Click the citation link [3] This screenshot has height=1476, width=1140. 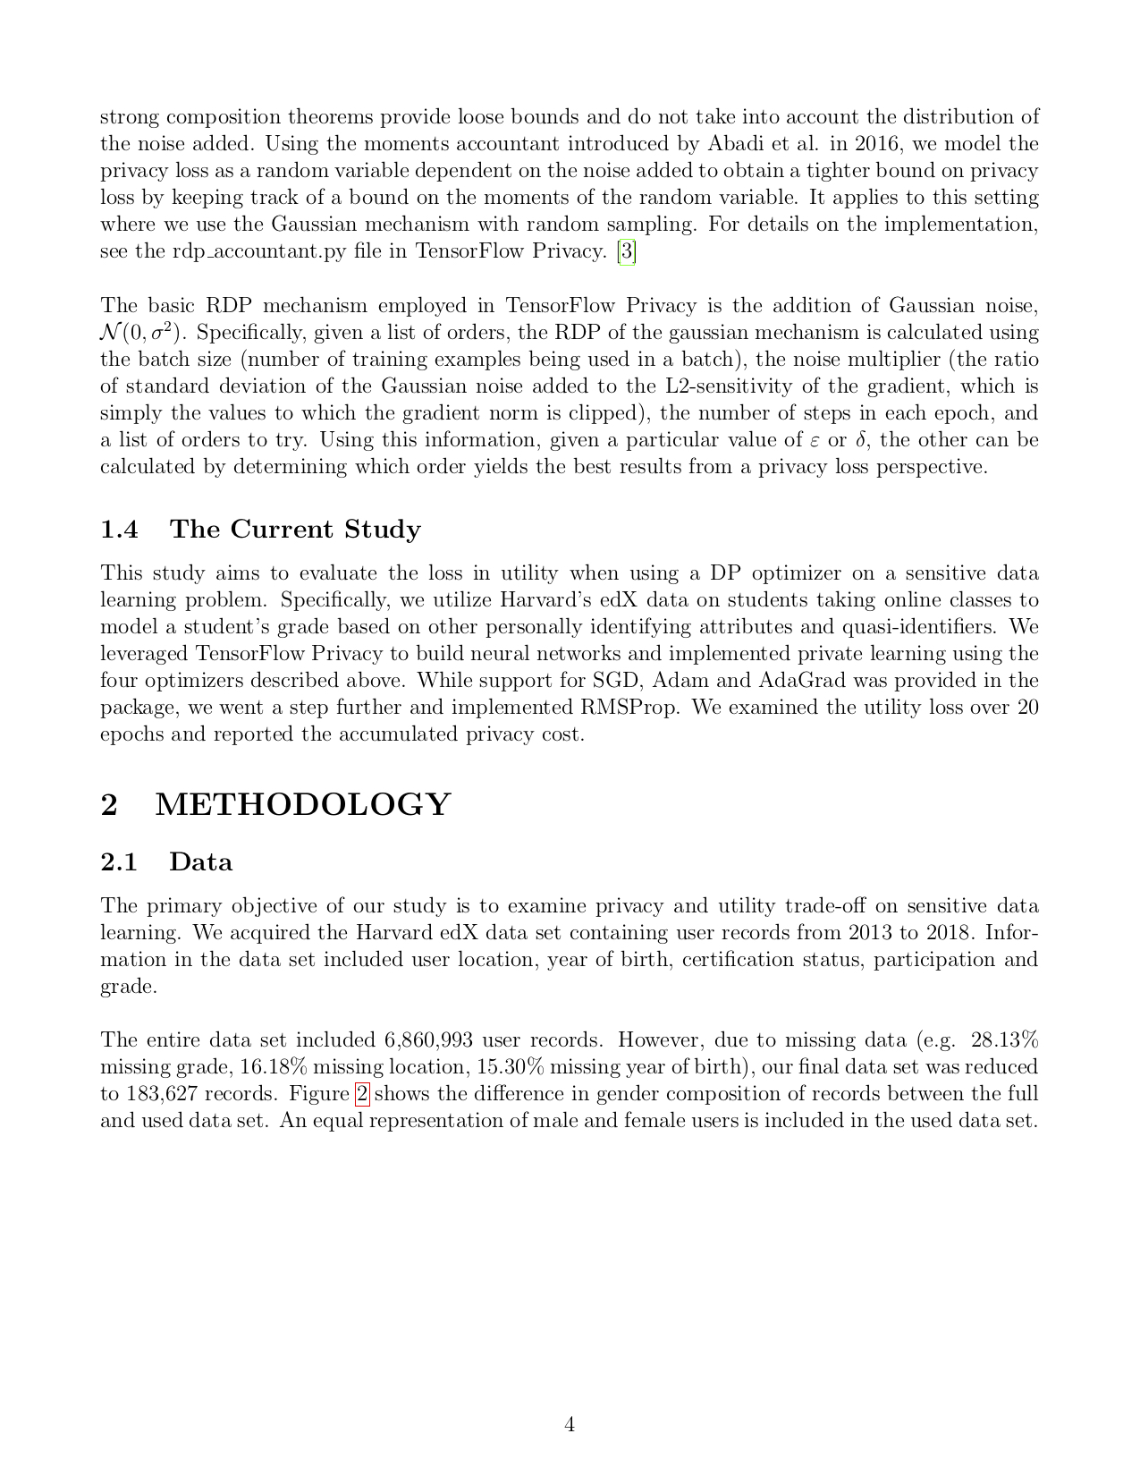pyautogui.click(x=627, y=251)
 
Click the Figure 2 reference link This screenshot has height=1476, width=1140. pyautogui.click(x=362, y=1094)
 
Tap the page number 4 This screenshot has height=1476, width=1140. pyautogui.click(x=570, y=1424)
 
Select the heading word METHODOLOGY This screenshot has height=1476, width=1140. pyautogui.click(x=303, y=805)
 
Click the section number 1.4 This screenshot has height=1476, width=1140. pyautogui.click(x=119, y=530)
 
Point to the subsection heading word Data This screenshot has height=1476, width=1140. pyautogui.click(x=201, y=862)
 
